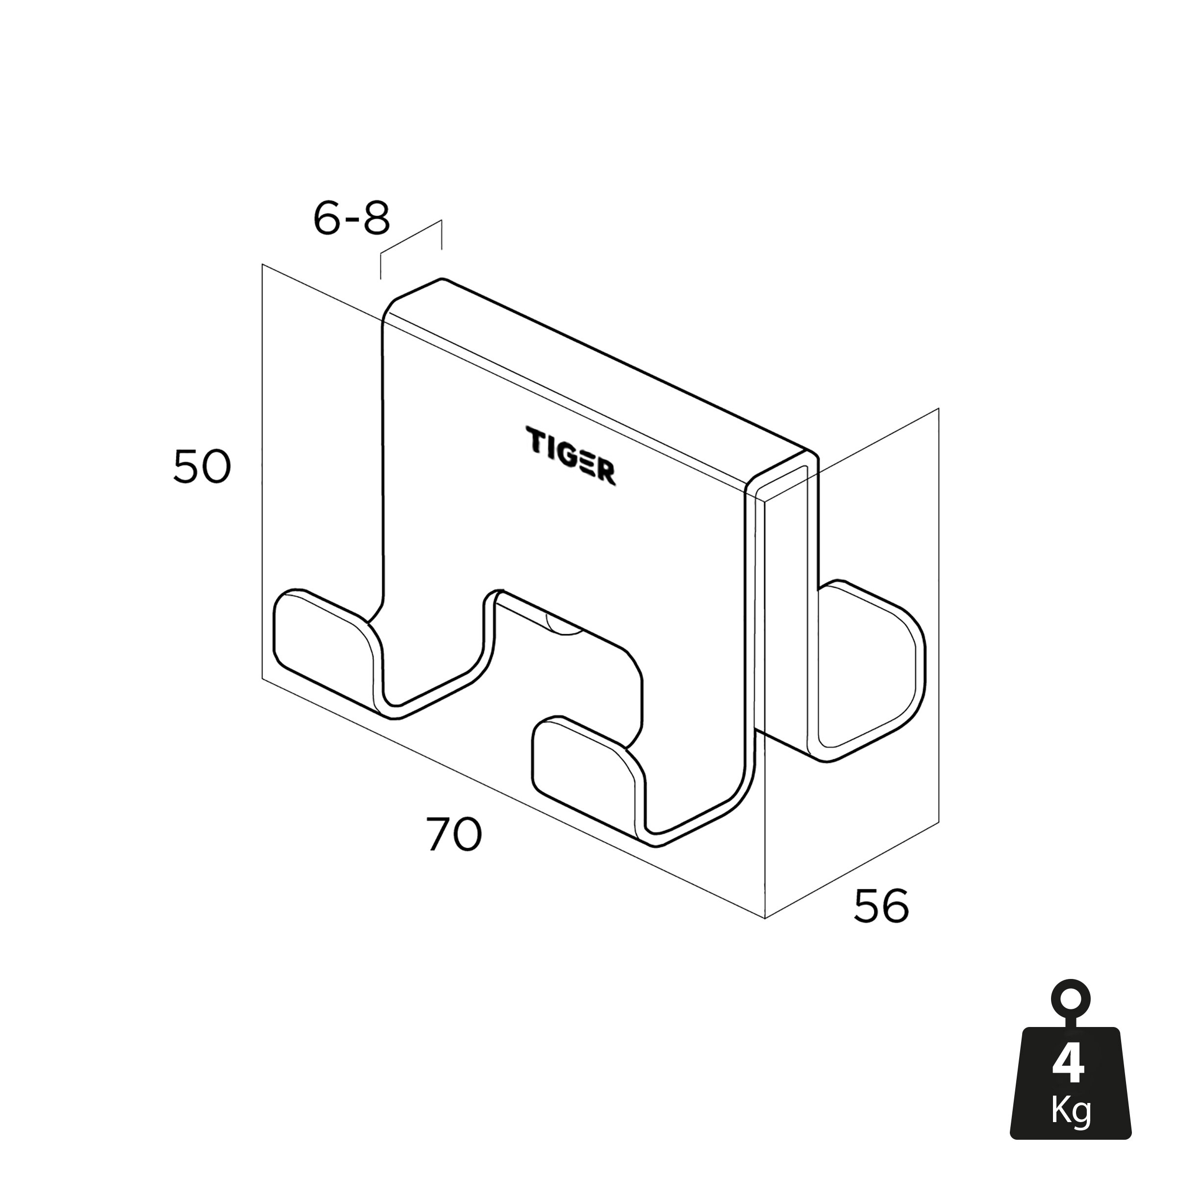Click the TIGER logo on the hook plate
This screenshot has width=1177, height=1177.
[571, 456]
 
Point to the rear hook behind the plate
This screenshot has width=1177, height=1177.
[871, 670]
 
